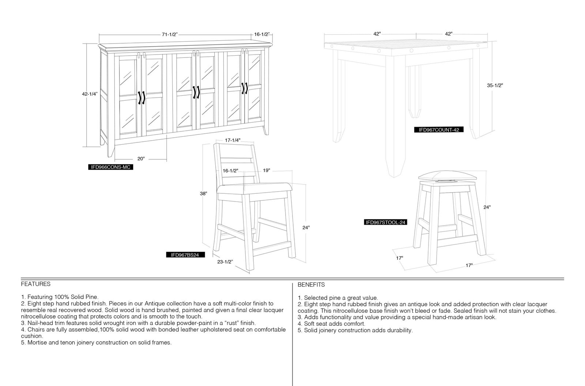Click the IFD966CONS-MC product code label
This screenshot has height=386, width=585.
[110, 167]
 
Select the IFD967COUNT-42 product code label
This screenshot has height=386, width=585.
[439, 130]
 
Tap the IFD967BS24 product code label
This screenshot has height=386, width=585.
[185, 255]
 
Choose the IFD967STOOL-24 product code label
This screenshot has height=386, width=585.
[385, 222]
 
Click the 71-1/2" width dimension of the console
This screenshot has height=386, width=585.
[170, 34]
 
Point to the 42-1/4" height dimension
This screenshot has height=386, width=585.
[90, 94]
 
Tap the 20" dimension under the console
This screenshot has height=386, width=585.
[141, 159]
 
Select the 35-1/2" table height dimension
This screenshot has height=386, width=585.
[495, 86]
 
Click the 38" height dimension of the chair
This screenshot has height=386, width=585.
[203, 193]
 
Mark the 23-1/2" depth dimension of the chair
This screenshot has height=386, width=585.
[225, 262]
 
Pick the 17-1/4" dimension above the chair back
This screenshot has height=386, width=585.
[233, 140]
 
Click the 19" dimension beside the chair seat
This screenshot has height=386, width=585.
[267, 171]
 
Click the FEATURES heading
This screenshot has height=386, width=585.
[36, 284]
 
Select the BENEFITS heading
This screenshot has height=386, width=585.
[311, 285]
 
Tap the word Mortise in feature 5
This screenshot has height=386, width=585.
[37, 342]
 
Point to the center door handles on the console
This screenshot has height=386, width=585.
[196, 92]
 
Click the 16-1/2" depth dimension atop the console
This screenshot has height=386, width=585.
[262, 34]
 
